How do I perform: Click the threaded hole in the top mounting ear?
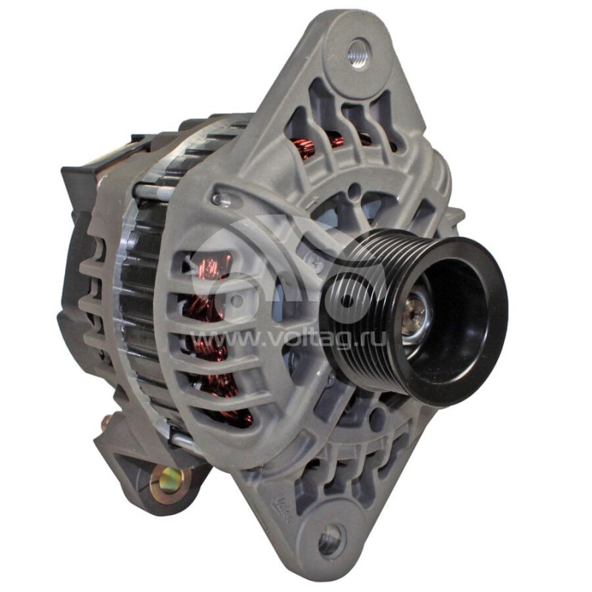(358, 54)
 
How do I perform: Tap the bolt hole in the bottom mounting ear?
(331, 541)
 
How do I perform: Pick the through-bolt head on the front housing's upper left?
(216, 198)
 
